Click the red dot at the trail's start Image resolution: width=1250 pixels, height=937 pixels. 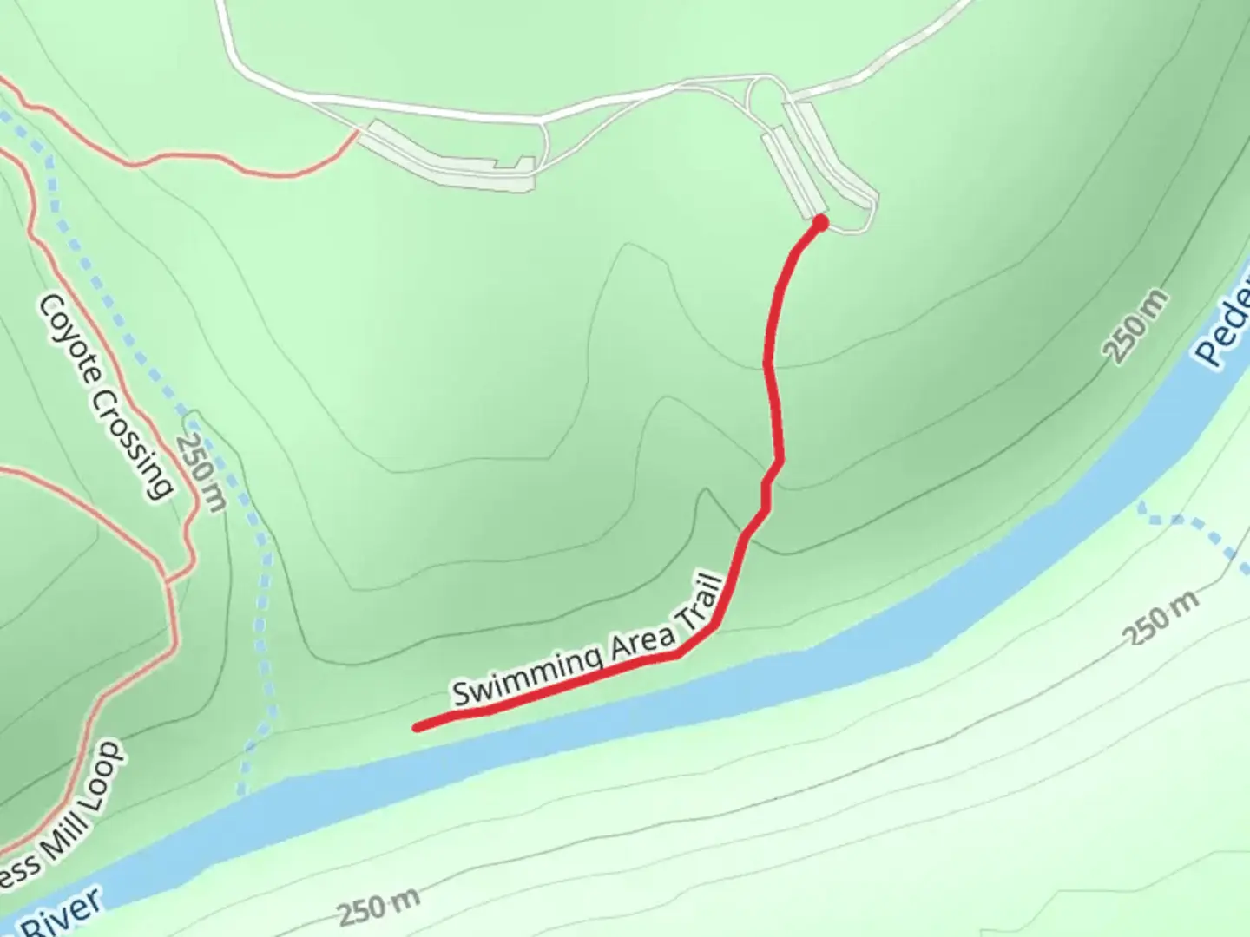(x=819, y=224)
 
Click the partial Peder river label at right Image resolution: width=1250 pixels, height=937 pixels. (x=1224, y=325)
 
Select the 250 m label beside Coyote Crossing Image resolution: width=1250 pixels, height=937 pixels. (x=201, y=472)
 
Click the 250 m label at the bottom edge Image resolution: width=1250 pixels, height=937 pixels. (x=378, y=907)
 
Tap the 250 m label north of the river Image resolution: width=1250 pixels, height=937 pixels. (x=1135, y=327)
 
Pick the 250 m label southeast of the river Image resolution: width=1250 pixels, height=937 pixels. (x=1163, y=618)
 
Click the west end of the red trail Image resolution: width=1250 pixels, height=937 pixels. (x=418, y=727)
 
